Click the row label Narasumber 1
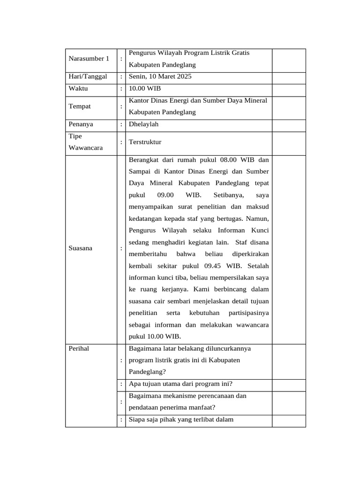tap(89, 59)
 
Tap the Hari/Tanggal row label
tap(88, 76)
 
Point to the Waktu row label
tap(78, 88)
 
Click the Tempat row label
tap(80, 106)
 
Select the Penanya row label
tap(81, 124)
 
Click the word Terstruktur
tap(145, 142)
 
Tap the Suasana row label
tap(81, 248)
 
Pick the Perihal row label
tap(79, 348)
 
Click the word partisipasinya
tap(248, 313)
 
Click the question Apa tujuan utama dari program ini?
tap(180, 384)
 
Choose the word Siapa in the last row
tap(137, 420)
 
